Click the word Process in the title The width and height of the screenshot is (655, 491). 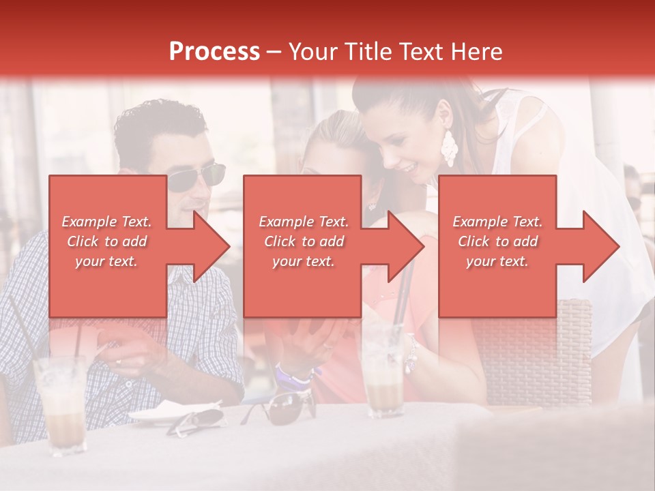coord(214,52)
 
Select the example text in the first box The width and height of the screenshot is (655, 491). coord(106,241)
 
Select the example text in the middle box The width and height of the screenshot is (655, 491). coord(303,241)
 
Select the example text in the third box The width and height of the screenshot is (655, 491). coord(497,241)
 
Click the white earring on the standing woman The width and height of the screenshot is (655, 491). coord(449,147)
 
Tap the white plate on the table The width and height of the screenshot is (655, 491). coord(171,412)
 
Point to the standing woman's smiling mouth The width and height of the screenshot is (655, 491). coord(407,167)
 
